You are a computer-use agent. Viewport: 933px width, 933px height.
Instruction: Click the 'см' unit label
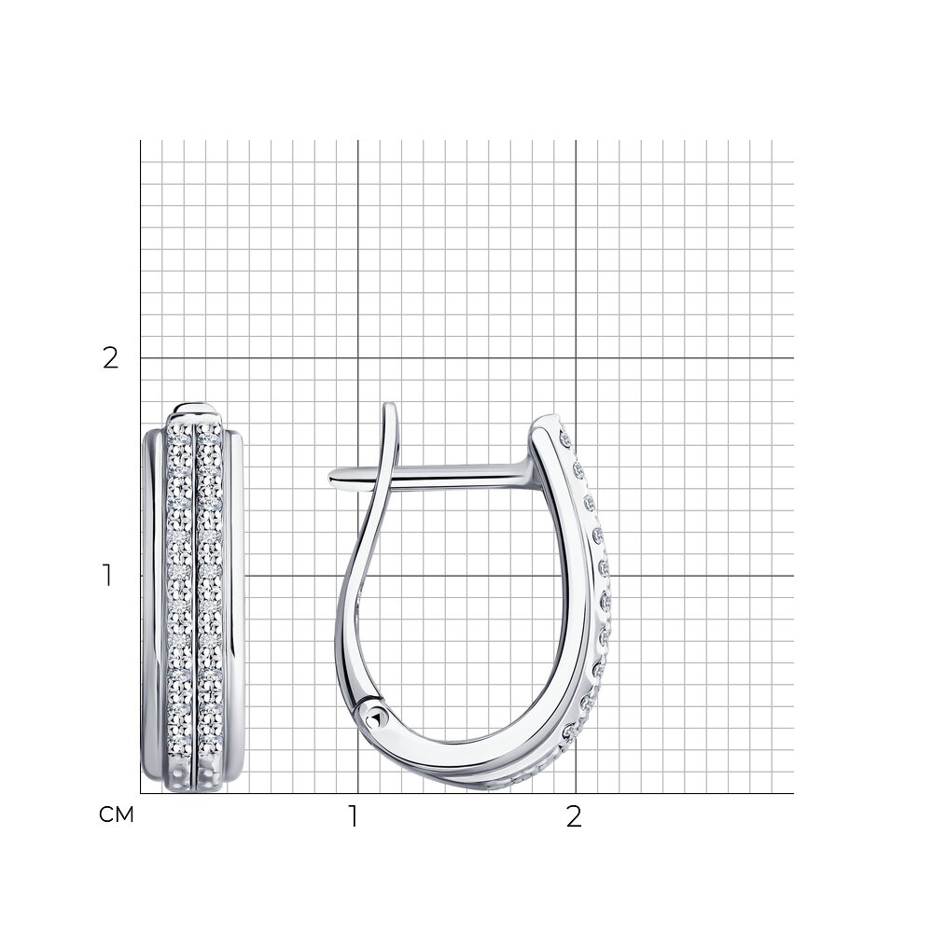[116, 815]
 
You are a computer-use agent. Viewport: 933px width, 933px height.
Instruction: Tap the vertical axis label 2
[111, 358]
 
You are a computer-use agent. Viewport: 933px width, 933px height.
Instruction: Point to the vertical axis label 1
[107, 576]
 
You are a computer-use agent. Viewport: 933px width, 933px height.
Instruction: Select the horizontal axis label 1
[354, 817]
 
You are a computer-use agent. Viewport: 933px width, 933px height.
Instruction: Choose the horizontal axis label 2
[574, 817]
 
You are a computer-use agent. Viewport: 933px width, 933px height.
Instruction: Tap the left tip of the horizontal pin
[330, 476]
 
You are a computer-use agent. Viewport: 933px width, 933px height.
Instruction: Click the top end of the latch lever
[390, 406]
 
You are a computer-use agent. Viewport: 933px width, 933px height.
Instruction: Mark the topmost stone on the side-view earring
[564, 439]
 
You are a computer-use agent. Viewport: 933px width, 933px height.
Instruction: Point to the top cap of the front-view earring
[196, 411]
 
